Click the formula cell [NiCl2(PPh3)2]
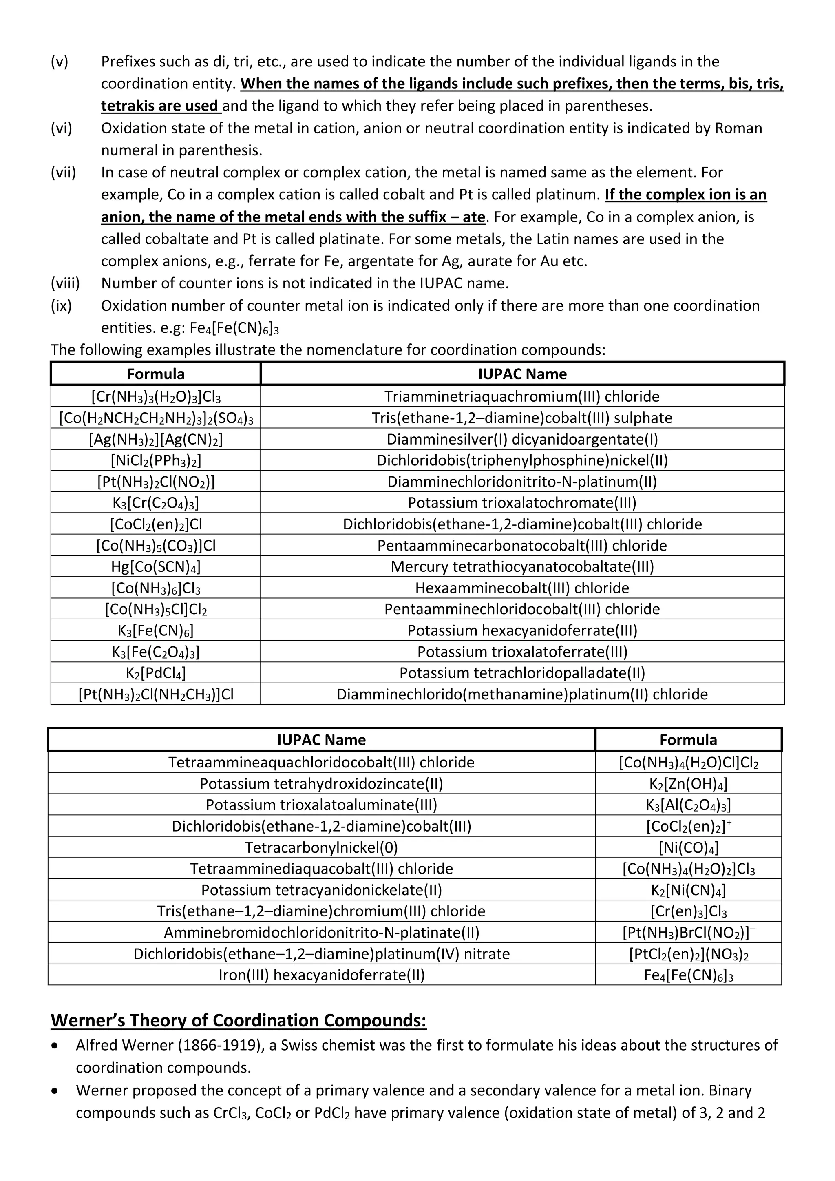point(156,460)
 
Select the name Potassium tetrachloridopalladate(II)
point(522,673)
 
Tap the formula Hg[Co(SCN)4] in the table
point(156,567)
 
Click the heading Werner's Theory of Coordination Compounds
point(239,1020)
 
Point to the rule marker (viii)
point(65,283)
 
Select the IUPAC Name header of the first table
point(522,374)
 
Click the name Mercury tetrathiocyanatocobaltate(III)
point(522,567)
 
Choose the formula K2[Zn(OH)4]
point(689,784)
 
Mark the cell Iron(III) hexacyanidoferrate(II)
point(321,975)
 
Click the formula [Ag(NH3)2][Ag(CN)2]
point(156,439)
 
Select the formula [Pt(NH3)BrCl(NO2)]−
point(689,933)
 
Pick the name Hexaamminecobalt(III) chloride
point(522,588)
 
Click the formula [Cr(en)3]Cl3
point(689,911)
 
